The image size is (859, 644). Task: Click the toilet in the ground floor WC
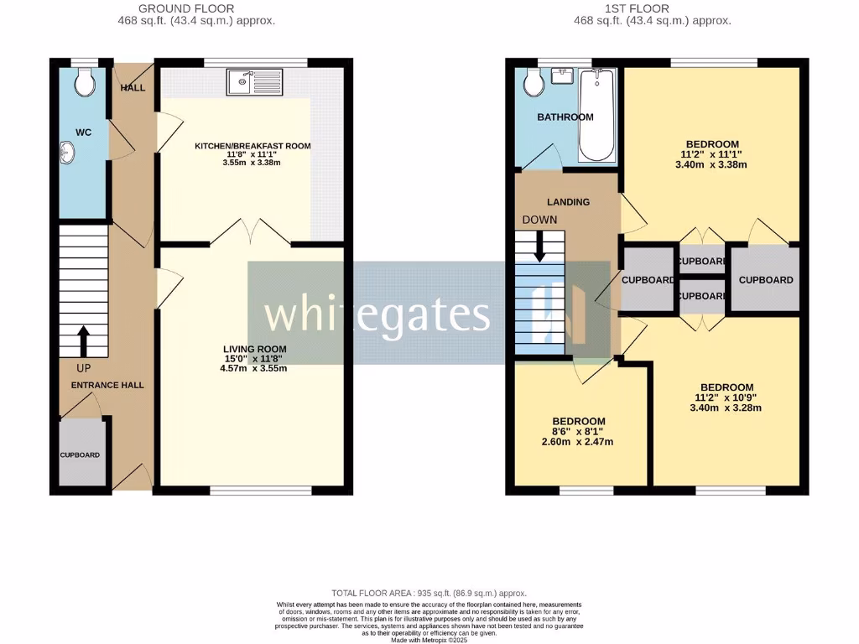(83, 82)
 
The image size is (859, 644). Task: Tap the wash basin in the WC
(66, 153)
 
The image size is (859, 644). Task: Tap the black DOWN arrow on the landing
(539, 245)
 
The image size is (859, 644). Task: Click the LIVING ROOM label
(254, 349)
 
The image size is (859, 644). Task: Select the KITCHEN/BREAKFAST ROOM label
(252, 146)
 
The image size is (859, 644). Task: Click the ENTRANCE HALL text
(107, 385)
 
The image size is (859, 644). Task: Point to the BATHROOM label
(565, 117)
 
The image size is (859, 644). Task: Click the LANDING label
(568, 202)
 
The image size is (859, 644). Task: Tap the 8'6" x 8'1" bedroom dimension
(579, 431)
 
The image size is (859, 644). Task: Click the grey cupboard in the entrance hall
(82, 454)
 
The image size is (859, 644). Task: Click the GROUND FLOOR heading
(197, 8)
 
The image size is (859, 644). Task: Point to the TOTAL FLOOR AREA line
(429, 593)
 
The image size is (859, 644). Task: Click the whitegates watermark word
(377, 314)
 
